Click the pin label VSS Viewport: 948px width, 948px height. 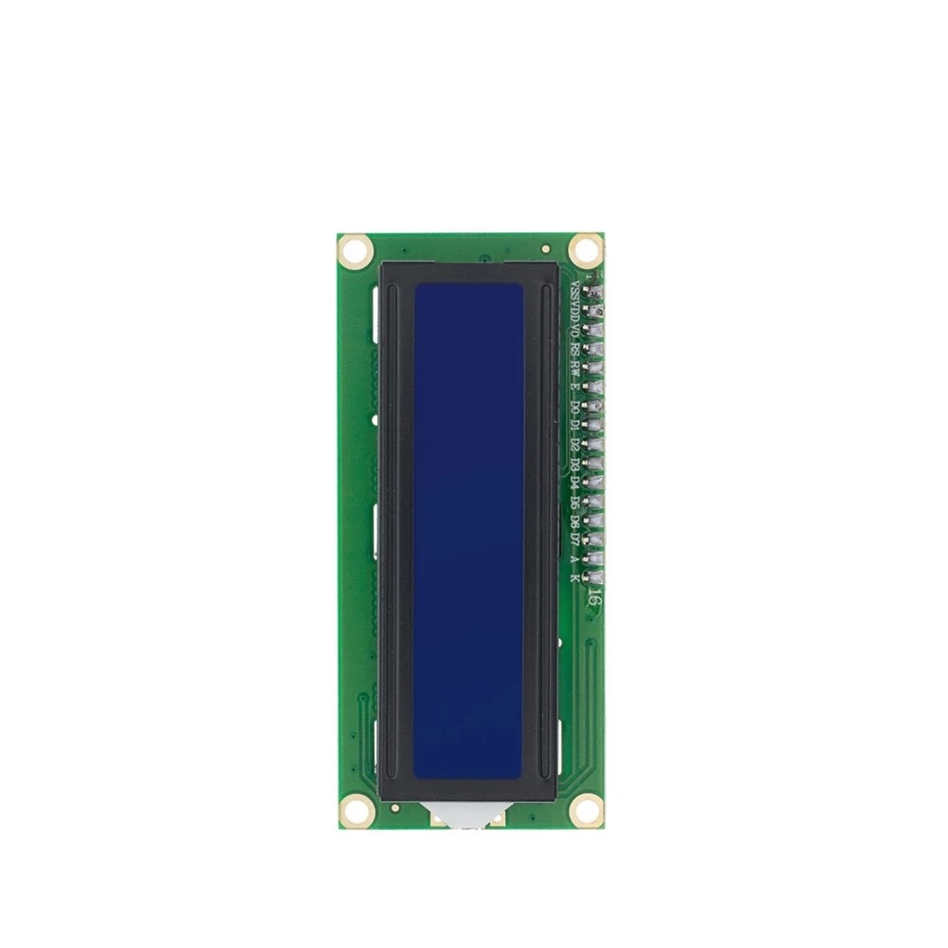point(575,291)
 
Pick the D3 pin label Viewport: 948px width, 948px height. point(575,464)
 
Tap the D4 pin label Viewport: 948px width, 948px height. point(575,483)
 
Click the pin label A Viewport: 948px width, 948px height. point(575,557)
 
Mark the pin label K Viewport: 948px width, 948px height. point(575,575)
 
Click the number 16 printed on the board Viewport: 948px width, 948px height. point(592,598)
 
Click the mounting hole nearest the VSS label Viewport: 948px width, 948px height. point(586,249)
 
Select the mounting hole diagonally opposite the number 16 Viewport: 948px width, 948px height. point(355,250)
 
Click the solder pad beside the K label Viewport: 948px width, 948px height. point(597,575)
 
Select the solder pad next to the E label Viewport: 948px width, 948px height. point(597,388)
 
